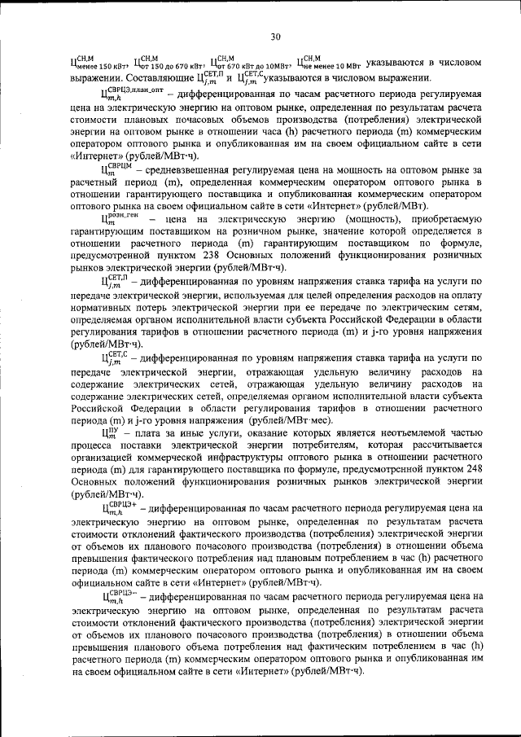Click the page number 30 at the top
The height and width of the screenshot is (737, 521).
pyautogui.click(x=276, y=36)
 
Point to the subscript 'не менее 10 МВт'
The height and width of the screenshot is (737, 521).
pyautogui.click(x=332, y=65)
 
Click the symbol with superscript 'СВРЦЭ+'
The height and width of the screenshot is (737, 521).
pyautogui.click(x=117, y=507)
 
